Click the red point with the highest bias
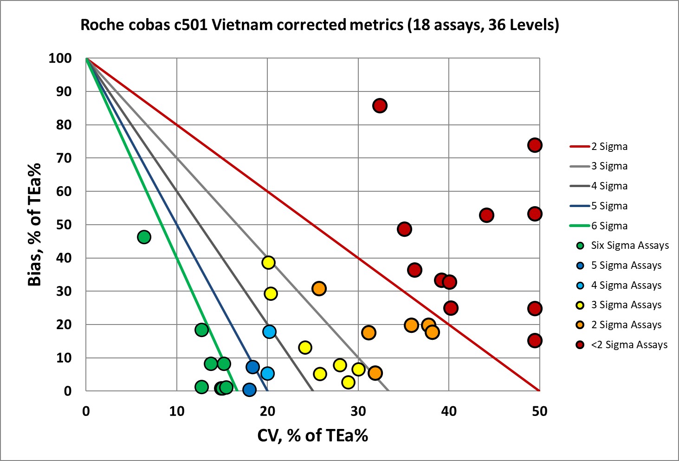pos(380,106)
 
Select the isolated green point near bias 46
pos(144,237)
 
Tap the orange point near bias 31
pos(319,288)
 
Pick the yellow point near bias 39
pos(268,262)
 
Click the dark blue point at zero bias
pos(249,390)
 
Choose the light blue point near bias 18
pos(269,331)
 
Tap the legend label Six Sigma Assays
pos(629,246)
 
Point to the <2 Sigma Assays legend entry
pos(629,344)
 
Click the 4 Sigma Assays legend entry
pos(626,285)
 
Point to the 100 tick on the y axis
pos(60,58)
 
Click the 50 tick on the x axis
pos(539,411)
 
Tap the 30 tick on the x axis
pos(358,411)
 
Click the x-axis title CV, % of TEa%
pos(312,435)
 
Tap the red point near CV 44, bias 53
pos(486,215)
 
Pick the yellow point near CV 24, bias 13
pos(305,347)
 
